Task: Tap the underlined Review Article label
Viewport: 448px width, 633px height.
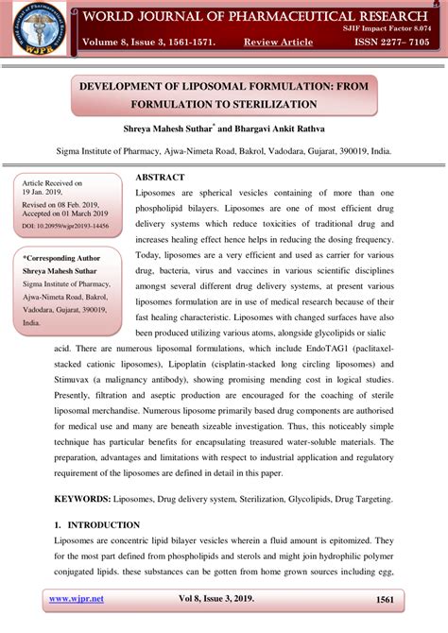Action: [279, 43]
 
